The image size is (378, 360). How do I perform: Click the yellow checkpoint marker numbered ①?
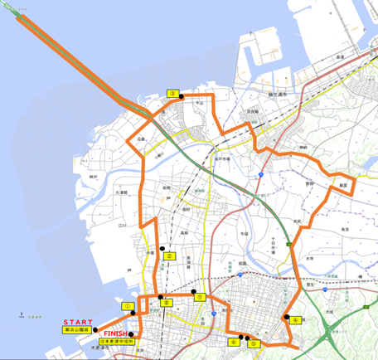128,306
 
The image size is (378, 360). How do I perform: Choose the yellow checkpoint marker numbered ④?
296,318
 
